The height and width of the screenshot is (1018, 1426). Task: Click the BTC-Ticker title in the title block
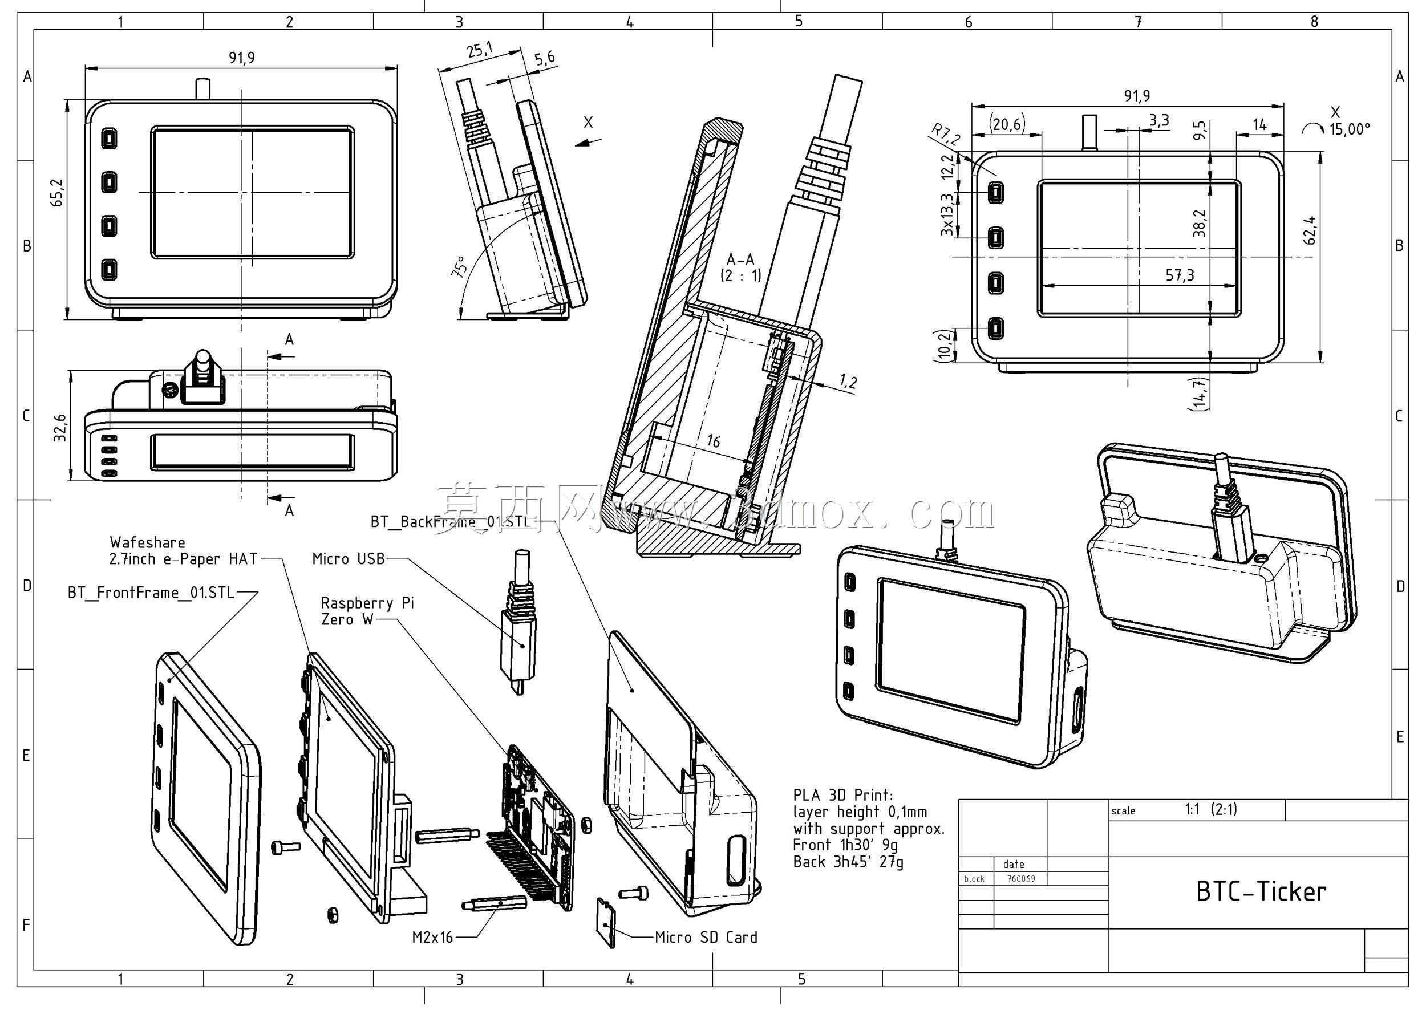(1261, 891)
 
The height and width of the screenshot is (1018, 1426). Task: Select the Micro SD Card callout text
(706, 938)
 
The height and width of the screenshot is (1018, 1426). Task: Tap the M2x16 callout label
(432, 938)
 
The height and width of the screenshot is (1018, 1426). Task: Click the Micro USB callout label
(349, 558)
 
